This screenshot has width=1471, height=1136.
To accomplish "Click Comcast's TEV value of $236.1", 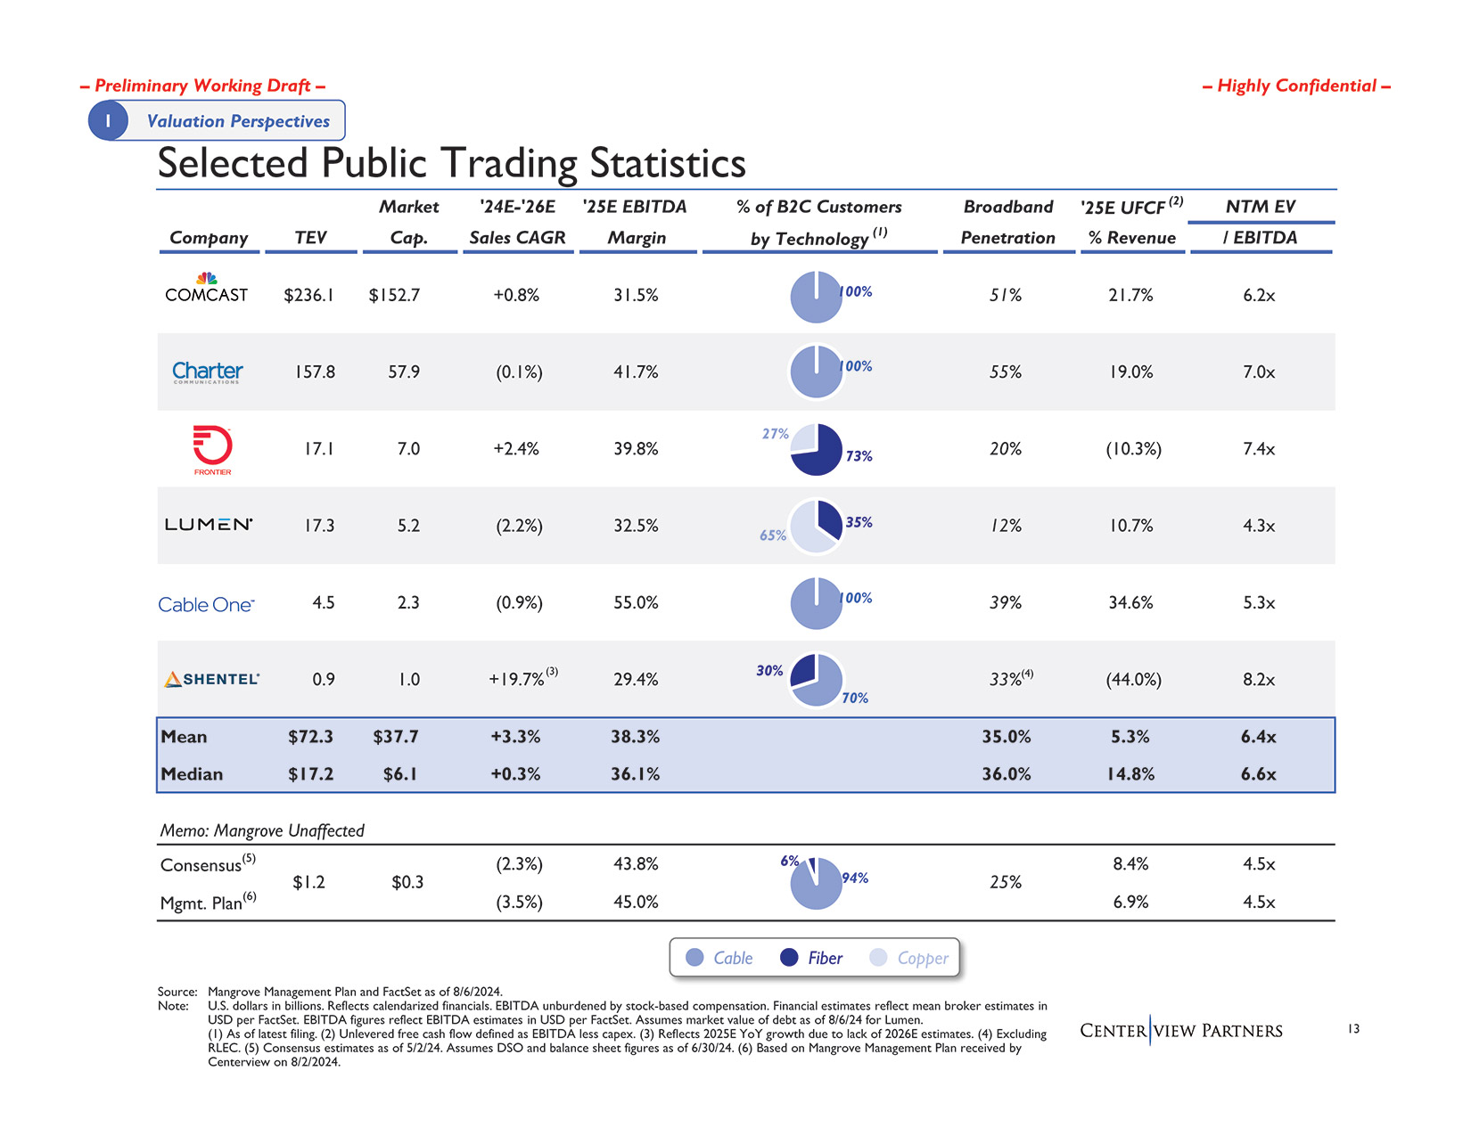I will click(308, 295).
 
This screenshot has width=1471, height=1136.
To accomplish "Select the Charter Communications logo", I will click(207, 372).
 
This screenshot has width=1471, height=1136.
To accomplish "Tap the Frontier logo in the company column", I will click(212, 449).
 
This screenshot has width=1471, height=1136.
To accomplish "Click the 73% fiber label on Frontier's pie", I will click(859, 456).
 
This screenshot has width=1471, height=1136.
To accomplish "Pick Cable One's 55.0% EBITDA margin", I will click(636, 603).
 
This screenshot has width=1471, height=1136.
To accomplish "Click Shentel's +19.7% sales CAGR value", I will click(516, 680).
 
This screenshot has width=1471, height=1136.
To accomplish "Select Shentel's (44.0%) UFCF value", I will click(1133, 680).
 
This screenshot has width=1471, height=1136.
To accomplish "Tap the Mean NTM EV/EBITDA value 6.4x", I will click(1258, 737).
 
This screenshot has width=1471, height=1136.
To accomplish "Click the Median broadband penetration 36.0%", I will click(1007, 774).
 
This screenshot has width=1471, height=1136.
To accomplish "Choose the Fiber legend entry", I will click(810, 958).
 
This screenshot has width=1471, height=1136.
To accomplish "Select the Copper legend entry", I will click(909, 958).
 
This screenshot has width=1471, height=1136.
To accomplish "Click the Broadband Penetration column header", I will click(1007, 222).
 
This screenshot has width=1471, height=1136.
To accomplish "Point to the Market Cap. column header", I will click(408, 222).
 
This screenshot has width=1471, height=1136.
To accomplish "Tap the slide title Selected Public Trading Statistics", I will click(451, 163).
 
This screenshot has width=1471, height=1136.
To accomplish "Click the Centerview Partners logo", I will click(1180, 1031).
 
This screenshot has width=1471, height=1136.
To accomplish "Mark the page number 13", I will click(1353, 1029).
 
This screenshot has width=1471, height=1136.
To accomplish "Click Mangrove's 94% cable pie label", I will click(854, 879).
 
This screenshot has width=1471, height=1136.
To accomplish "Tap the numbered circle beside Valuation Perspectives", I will click(108, 120).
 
